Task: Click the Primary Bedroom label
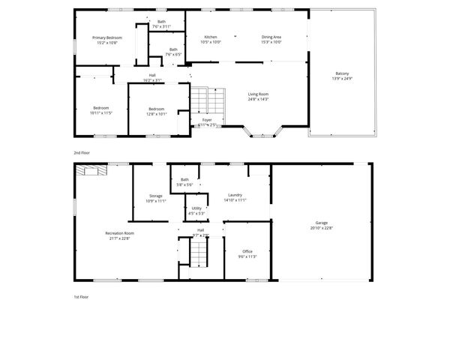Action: (x=107, y=37)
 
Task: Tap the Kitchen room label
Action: (x=211, y=37)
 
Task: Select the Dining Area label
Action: (x=271, y=37)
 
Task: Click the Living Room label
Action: (x=258, y=94)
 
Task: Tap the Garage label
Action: (x=321, y=223)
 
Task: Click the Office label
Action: (x=247, y=251)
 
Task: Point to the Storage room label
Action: (x=155, y=196)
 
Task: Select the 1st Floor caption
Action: (x=82, y=297)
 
